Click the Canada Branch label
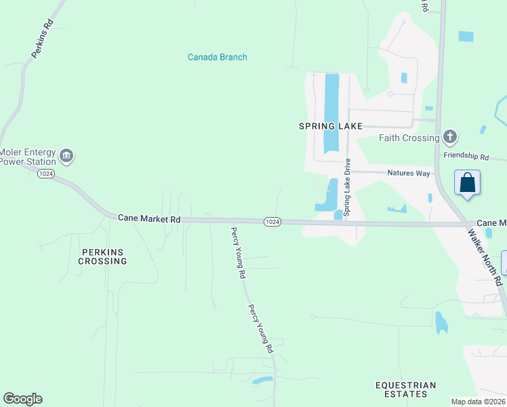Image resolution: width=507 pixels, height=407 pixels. (217, 57)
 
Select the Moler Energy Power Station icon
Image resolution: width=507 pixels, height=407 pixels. (66, 156)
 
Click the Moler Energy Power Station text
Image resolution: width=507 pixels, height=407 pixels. (28, 157)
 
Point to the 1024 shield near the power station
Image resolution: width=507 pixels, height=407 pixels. (46, 174)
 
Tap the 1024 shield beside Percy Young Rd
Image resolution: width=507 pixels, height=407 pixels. (272, 221)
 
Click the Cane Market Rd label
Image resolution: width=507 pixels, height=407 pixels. (149, 218)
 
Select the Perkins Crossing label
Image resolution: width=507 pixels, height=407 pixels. (103, 256)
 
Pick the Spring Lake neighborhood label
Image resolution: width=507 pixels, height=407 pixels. (331, 126)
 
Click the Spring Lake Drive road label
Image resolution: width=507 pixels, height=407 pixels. (347, 187)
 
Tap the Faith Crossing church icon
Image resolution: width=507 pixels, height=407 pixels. (449, 138)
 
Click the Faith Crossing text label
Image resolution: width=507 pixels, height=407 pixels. (409, 138)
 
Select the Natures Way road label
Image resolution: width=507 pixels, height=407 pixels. (409, 173)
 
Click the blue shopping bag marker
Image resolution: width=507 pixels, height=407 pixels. (467, 182)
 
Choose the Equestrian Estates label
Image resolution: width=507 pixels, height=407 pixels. (406, 389)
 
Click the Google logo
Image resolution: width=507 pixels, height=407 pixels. (22, 399)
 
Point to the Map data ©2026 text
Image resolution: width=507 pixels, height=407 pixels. (478, 402)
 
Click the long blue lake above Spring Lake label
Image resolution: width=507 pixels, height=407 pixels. (331, 112)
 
